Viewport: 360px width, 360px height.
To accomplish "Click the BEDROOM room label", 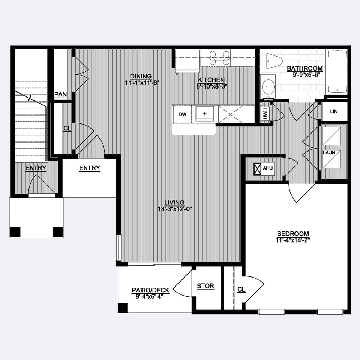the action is (x=293, y=234).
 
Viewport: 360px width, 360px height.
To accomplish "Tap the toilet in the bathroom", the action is (x=271, y=61).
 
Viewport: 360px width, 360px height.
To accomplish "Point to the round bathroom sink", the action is (x=268, y=87).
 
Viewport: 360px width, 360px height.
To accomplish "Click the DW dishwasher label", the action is (x=183, y=114).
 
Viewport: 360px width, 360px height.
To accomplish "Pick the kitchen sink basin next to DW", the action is (x=204, y=114).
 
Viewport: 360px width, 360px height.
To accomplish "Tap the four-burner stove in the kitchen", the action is (x=219, y=58).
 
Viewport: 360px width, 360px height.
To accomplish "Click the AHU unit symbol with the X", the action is (x=257, y=168).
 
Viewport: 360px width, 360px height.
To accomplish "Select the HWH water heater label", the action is (x=266, y=114).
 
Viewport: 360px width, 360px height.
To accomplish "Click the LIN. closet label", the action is (x=334, y=112).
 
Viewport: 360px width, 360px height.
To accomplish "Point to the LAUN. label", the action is (x=329, y=153).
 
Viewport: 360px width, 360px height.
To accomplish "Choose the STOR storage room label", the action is (x=206, y=286).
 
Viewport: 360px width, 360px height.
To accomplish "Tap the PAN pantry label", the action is (x=60, y=94).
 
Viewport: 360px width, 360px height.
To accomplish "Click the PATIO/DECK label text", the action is (x=150, y=290).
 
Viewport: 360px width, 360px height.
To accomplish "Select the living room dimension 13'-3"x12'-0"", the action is (x=175, y=209).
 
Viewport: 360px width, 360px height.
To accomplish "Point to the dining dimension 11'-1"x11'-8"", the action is (x=142, y=83).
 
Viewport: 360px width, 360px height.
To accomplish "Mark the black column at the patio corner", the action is (x=123, y=308).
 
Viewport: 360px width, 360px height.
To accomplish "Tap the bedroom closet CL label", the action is (x=241, y=289).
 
